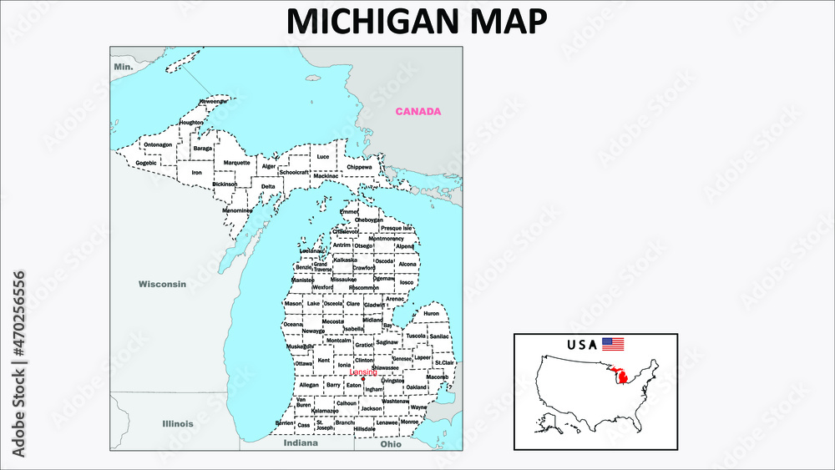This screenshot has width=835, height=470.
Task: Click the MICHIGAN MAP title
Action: pyautogui.click(x=417, y=22)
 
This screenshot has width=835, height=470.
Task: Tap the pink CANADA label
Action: pyautogui.click(x=417, y=111)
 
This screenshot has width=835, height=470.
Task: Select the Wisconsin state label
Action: pyautogui.click(x=162, y=284)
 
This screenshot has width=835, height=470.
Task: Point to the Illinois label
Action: pyautogui.click(x=177, y=423)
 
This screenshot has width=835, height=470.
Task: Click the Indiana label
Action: pyautogui.click(x=301, y=444)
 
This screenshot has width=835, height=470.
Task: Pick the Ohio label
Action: pyautogui.click(x=391, y=444)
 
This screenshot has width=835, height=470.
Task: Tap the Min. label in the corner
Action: pyautogui.click(x=124, y=65)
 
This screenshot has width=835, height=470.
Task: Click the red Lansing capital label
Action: pyautogui.click(x=363, y=371)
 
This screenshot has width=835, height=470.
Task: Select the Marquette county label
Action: pyautogui.click(x=236, y=162)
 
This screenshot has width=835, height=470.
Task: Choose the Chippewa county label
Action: pyautogui.click(x=359, y=167)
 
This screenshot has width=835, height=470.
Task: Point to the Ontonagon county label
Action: pyautogui.click(x=158, y=144)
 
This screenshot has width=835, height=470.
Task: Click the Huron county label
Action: pyautogui.click(x=431, y=314)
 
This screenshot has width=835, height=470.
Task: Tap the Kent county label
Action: pyautogui.click(x=324, y=360)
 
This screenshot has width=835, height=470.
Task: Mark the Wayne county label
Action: pyautogui.click(x=418, y=407)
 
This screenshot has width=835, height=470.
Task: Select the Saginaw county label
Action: pyautogui.click(x=387, y=341)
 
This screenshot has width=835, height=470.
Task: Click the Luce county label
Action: pyautogui.click(x=322, y=156)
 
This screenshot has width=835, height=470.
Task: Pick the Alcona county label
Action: pyautogui.click(x=407, y=264)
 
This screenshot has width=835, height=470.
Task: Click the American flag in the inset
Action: pyautogui.click(x=613, y=343)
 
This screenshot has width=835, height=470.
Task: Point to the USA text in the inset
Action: pyautogui.click(x=582, y=344)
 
